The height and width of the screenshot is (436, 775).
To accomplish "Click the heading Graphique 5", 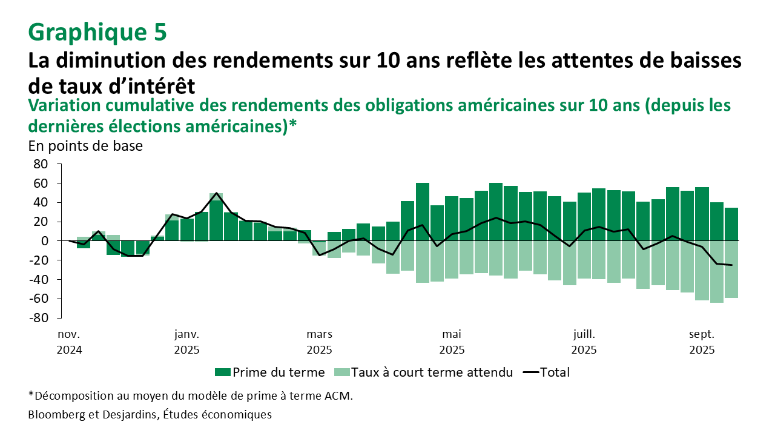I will click(x=97, y=32).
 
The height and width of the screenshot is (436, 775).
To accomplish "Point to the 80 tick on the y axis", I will click(x=40, y=164).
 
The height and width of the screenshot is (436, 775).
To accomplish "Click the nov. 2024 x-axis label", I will click(x=69, y=342).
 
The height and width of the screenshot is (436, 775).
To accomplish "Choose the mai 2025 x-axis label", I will click(x=452, y=342).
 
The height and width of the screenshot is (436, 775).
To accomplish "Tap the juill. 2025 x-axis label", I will click(x=584, y=342).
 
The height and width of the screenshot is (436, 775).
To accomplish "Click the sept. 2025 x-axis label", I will click(x=702, y=342).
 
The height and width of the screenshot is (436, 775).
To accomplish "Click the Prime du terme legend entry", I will click(x=270, y=372).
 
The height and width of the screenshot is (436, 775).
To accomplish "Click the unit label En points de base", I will click(x=85, y=146).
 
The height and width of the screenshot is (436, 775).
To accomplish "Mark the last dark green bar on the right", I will click(x=732, y=224).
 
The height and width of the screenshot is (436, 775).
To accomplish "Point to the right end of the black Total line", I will click(x=732, y=265).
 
